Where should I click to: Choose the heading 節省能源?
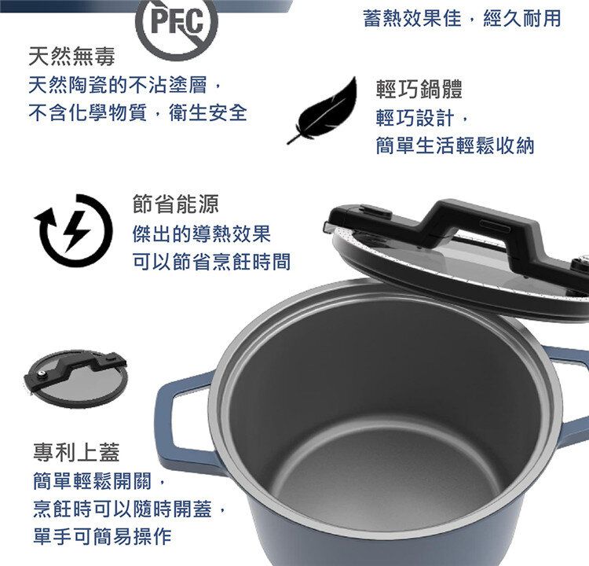[176, 204]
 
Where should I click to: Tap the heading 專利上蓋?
[76, 452]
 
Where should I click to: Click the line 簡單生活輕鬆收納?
[455, 146]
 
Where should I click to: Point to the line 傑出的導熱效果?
[202, 233]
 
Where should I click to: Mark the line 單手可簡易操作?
[101, 537]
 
